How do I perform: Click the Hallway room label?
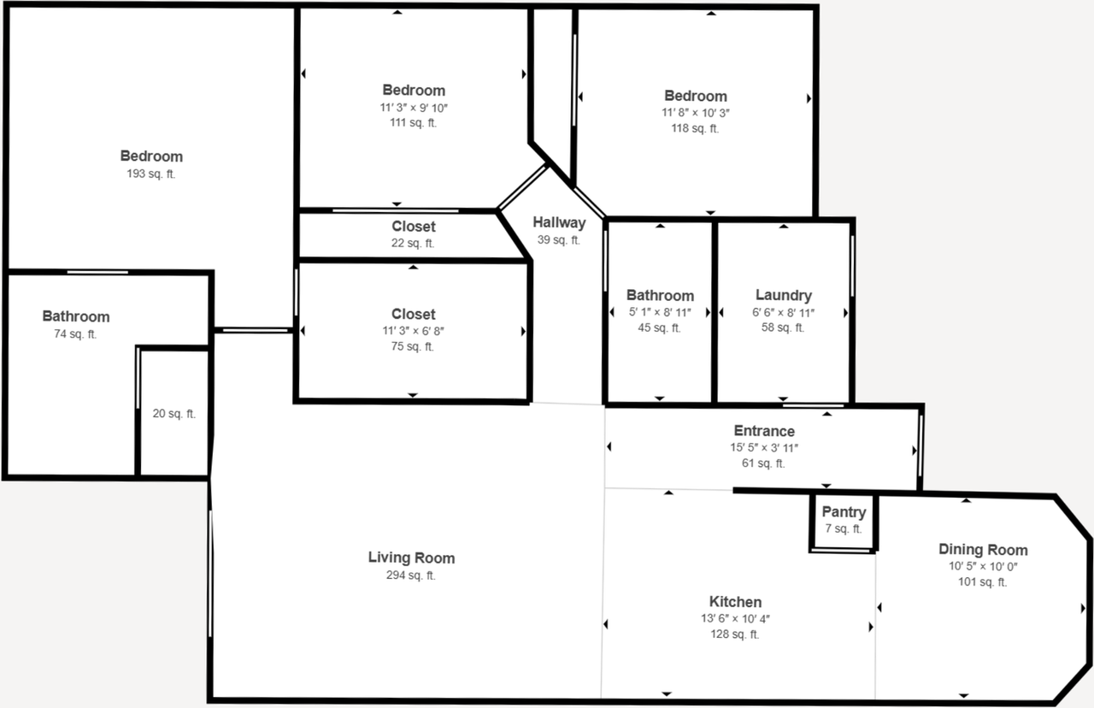point(559,222)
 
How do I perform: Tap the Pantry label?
point(844,512)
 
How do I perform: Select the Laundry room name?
point(783,296)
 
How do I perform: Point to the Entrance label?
point(763,431)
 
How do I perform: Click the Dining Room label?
point(983,550)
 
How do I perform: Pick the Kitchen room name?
point(735,602)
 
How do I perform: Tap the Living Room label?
point(411,558)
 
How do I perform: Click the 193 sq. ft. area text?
point(151,174)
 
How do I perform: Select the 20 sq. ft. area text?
point(174,414)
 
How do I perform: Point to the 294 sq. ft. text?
point(411,575)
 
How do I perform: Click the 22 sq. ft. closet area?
point(413,243)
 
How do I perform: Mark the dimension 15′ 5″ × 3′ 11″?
point(763,447)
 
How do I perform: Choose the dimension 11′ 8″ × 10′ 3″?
point(695,112)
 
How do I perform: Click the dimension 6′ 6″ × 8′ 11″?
point(783,312)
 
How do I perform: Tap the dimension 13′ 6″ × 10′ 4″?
point(735,618)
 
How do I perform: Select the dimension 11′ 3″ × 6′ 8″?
point(413,330)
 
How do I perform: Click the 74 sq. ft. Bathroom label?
point(76,316)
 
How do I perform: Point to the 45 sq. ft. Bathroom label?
point(660,296)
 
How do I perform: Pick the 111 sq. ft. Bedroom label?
point(413,90)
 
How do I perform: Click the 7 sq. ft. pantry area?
point(844,528)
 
